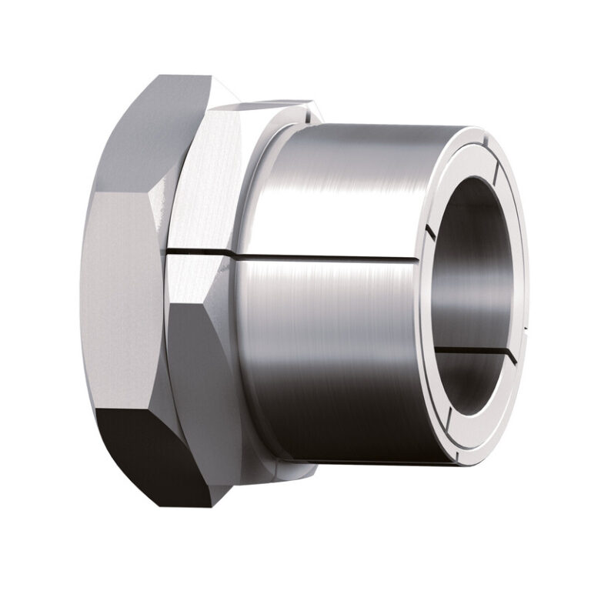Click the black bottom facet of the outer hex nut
pyautogui.click(x=142, y=454)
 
